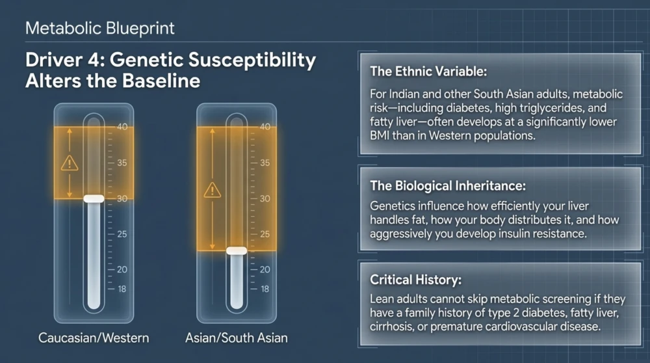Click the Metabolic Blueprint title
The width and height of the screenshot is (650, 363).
[100, 29]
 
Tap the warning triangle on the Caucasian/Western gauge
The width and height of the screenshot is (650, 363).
[70, 163]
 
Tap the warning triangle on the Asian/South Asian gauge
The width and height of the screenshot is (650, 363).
[213, 190]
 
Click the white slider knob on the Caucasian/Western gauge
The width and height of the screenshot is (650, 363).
[94, 198]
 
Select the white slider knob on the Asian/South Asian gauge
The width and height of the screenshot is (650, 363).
[237, 250]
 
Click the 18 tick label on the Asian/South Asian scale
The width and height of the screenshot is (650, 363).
[265, 289]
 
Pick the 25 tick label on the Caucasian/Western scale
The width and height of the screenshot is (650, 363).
[122, 234]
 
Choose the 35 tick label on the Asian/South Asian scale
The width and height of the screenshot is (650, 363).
[265, 163]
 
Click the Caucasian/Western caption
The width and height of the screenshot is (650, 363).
[94, 338]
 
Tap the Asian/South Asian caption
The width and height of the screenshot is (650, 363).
[237, 338]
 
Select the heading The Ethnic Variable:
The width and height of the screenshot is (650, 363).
[428, 72]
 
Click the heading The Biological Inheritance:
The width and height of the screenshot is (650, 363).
[448, 185]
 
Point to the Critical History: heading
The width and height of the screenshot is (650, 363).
[415, 280]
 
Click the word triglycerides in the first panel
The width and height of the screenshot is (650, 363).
[549, 108]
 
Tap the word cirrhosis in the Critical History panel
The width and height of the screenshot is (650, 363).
[391, 327]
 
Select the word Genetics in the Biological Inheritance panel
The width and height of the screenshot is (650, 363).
[392, 206]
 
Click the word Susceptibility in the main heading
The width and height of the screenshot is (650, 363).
[252, 60]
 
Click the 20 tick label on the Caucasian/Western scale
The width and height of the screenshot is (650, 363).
[122, 269]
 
